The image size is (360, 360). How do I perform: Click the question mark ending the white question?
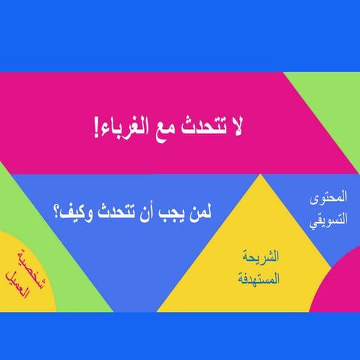58,212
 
